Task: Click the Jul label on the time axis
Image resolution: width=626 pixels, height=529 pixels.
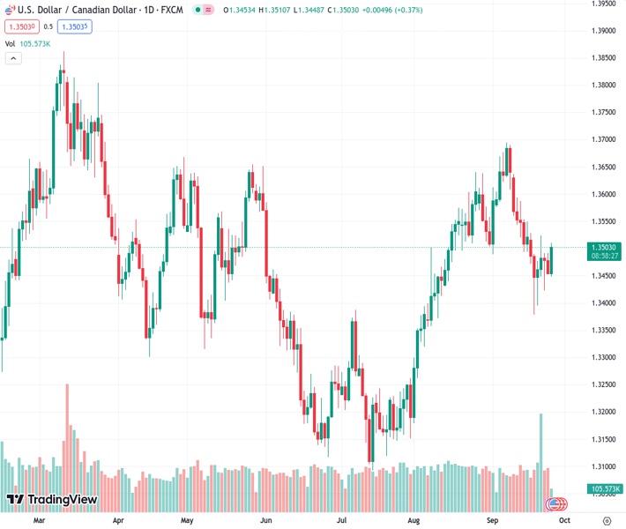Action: pyautogui.click(x=341, y=521)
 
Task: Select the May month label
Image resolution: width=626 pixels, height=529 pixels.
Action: pyautogui.click(x=186, y=521)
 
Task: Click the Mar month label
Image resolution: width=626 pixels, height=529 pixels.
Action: pyautogui.click(x=39, y=521)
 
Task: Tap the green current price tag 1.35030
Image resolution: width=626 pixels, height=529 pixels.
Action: pyautogui.click(x=605, y=248)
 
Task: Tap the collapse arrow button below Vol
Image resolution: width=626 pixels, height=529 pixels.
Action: pyautogui.click(x=13, y=58)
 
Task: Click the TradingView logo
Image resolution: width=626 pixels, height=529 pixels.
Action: pyautogui.click(x=52, y=500)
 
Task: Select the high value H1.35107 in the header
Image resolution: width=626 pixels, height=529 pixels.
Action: pyautogui.click(x=284, y=11)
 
